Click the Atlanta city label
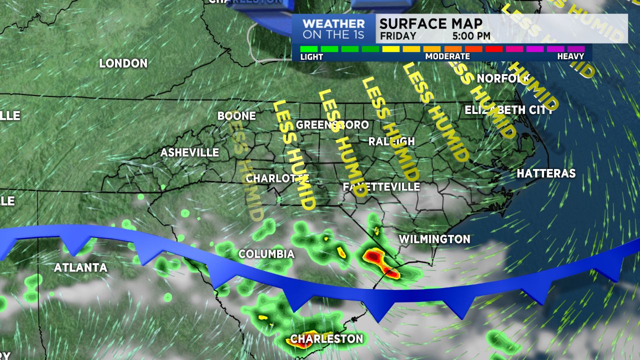point(80,267)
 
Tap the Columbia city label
point(266,254)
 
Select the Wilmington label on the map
point(434,239)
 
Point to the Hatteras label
point(546,173)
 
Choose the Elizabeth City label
point(508,110)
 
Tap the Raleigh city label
point(391,141)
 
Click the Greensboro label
point(332,124)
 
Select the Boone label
point(236,116)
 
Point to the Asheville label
point(189,152)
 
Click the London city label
point(123,63)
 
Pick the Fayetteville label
point(381,186)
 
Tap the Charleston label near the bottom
point(326,338)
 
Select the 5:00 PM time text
point(471,36)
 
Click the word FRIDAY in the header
point(398,36)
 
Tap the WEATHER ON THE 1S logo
point(333,29)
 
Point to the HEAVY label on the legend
point(570,56)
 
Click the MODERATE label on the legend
point(447,56)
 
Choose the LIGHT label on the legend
point(311,56)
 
